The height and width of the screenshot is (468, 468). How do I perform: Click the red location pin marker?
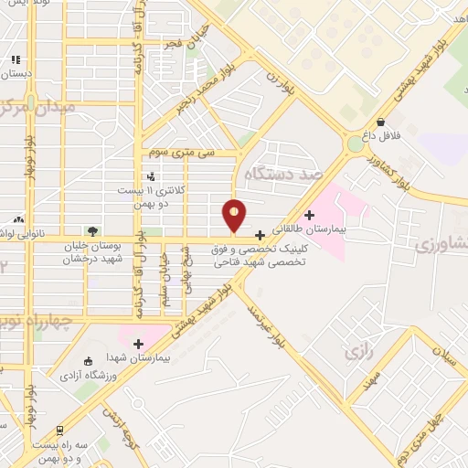click(235, 215)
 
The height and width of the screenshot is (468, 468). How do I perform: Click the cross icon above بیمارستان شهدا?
click(138, 344)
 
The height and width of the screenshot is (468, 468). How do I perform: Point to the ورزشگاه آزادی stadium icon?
click(88, 361)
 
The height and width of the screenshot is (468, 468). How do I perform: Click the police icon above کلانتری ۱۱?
click(151, 176)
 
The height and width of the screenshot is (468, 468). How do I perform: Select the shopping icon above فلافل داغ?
click(380, 122)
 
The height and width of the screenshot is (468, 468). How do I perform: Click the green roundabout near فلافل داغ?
click(355, 144)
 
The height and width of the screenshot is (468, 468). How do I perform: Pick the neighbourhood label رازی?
click(355, 351)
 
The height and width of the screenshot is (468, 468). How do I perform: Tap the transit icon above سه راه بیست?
click(60, 429)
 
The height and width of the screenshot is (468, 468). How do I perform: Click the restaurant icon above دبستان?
click(16, 59)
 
